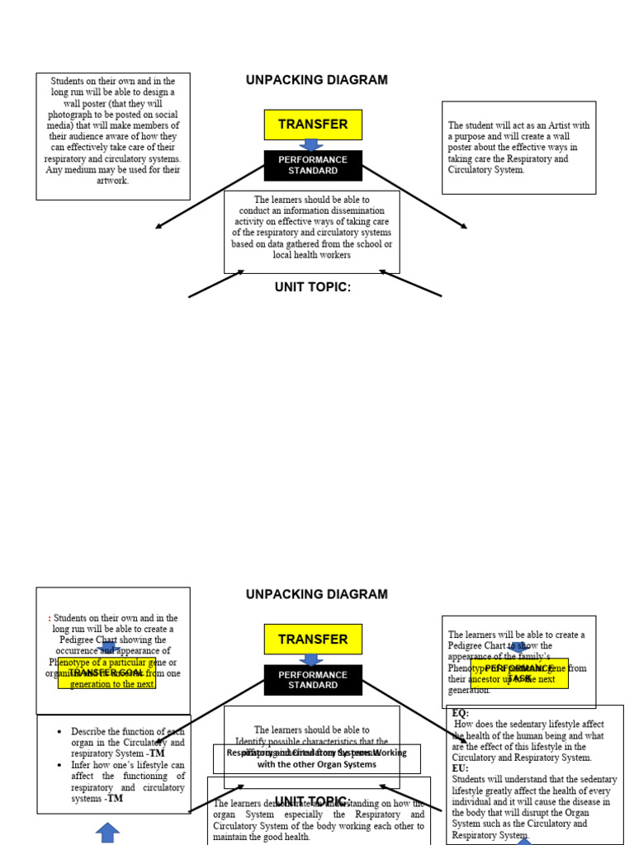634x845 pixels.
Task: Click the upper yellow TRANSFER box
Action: (313, 125)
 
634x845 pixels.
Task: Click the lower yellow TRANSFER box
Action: (313, 640)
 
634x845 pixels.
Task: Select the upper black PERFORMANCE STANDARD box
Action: (313, 165)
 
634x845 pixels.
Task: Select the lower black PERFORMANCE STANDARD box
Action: (313, 680)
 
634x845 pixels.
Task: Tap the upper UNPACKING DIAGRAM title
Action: (316, 80)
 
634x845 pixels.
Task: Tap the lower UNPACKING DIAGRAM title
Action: (316, 594)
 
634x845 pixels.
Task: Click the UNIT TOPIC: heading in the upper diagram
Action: (313, 287)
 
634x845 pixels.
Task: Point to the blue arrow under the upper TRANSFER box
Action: (311, 144)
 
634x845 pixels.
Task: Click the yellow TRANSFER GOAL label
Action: (106, 673)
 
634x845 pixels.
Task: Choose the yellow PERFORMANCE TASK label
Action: (519, 673)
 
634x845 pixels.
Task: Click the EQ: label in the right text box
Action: (460, 713)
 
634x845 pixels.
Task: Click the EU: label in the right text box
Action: (460, 768)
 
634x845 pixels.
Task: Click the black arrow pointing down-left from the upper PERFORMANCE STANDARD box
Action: (206, 198)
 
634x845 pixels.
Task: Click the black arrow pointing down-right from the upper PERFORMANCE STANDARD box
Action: (417, 198)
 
